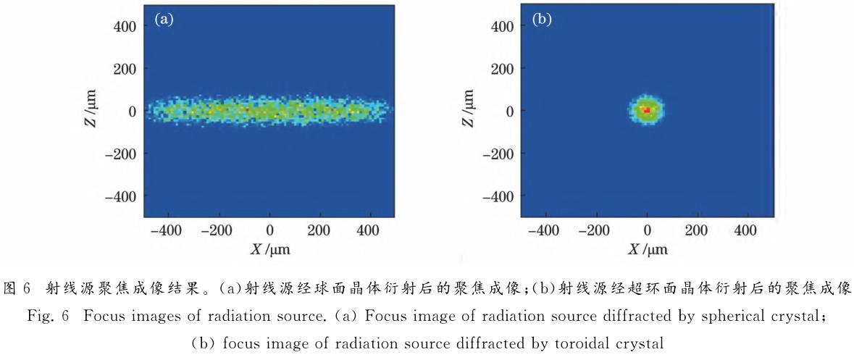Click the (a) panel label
[164, 20]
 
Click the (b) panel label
[542, 20]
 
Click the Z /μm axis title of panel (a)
[90, 111]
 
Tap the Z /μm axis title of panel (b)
[467, 111]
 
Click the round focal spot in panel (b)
[646, 110]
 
